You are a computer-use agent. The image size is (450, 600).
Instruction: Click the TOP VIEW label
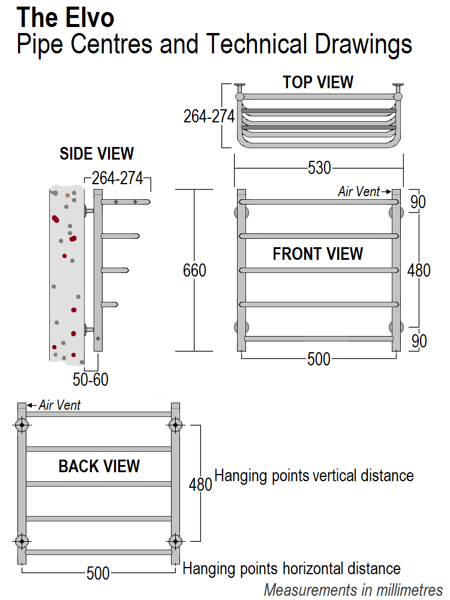(318, 82)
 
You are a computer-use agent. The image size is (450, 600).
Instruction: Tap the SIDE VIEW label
(97, 154)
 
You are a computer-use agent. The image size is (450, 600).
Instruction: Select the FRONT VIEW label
(317, 254)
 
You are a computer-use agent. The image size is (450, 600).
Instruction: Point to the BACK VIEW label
(99, 466)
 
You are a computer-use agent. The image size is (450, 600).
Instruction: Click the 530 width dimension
(319, 169)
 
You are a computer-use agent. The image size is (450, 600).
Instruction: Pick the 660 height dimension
(194, 271)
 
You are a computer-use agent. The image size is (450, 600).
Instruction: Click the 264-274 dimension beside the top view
(209, 116)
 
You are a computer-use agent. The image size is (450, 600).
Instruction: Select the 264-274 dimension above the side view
(117, 178)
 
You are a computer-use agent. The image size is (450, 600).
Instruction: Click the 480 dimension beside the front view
(419, 271)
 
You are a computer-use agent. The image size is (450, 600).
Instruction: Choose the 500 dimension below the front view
(319, 359)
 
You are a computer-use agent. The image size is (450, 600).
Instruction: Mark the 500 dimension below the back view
(98, 574)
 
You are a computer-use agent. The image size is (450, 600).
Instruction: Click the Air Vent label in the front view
(359, 191)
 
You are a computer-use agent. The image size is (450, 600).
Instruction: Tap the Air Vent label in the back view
(59, 405)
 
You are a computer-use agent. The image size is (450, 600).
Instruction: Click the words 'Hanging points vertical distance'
(314, 476)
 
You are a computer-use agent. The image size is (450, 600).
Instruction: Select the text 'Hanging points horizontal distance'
(292, 568)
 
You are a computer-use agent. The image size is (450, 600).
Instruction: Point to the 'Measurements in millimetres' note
(353, 589)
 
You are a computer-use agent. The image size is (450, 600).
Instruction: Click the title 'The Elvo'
(65, 18)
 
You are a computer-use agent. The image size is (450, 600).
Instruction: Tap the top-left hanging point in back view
(22, 425)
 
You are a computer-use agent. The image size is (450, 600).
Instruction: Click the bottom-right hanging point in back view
(175, 541)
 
